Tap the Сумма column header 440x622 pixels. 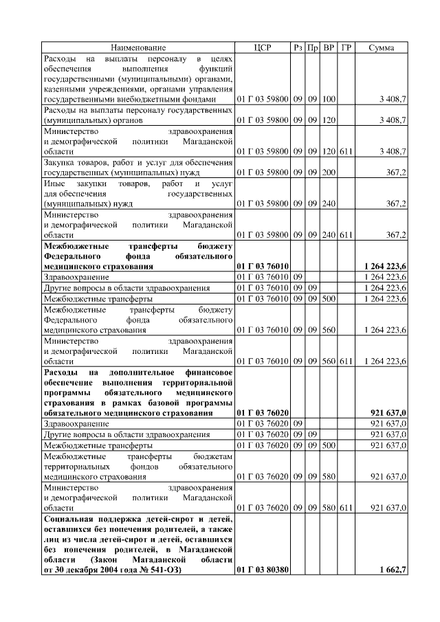click(382, 47)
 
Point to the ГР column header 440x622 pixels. click(347, 47)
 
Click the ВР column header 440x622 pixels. click(329, 47)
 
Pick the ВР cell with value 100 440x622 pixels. click(329, 100)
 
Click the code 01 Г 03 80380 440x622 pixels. click(262, 570)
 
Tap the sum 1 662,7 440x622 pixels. click(393, 570)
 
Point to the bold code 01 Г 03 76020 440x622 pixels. click(262, 412)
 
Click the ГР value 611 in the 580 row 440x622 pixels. click(346, 507)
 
